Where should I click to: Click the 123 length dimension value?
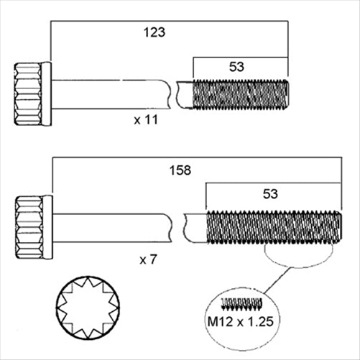point(154,32)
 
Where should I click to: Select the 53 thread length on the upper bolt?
point(236,66)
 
